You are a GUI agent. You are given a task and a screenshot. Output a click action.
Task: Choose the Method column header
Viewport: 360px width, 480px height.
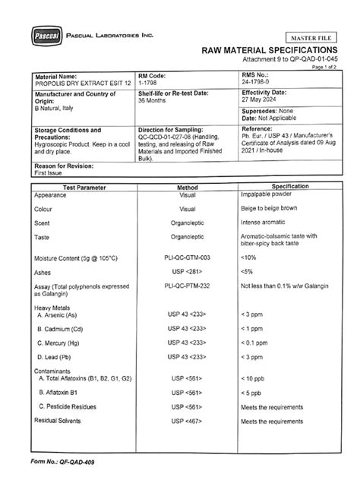point(187,187)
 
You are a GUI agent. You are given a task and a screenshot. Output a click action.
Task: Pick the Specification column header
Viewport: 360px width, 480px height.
point(289,186)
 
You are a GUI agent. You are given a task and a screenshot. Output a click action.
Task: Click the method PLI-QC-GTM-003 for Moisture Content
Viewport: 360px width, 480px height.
point(187,258)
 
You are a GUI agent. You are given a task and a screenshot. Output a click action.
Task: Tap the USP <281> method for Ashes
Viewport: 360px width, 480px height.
point(187,271)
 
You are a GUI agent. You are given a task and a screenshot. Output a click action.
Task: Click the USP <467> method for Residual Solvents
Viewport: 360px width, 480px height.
point(187,421)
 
